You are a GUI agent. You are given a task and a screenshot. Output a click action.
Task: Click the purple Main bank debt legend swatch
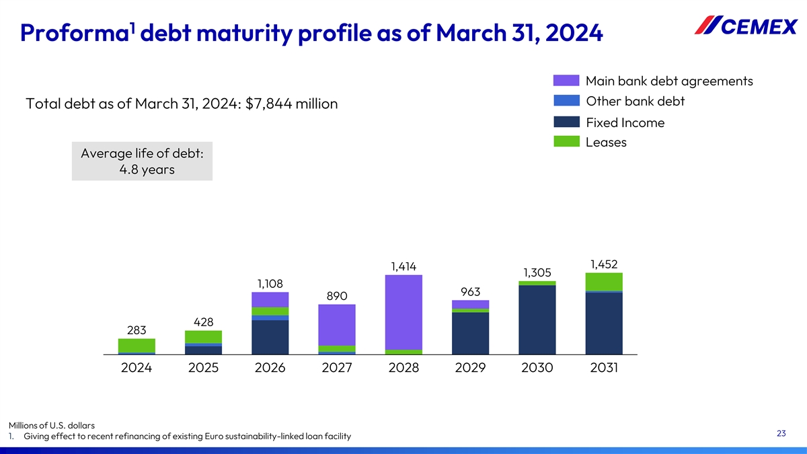tap(566, 81)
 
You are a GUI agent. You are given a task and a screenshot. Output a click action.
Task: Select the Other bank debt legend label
tap(635, 102)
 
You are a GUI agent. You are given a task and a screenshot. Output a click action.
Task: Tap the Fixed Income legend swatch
tap(566, 122)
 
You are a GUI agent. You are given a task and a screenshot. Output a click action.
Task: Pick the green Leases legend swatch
tap(566, 143)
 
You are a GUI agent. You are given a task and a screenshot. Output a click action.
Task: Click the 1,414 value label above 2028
tap(403, 266)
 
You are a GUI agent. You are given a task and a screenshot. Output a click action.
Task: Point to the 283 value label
tap(137, 330)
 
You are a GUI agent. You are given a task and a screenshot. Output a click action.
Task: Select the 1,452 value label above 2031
tap(604, 264)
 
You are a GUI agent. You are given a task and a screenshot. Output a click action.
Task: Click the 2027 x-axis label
tap(337, 369)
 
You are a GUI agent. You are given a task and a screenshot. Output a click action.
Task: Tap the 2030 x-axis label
tap(537, 369)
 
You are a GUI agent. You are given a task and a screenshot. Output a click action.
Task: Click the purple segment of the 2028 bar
tap(403, 312)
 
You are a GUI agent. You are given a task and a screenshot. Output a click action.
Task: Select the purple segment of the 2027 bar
tap(337, 325)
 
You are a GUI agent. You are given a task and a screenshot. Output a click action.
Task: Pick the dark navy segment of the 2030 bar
tap(537, 319)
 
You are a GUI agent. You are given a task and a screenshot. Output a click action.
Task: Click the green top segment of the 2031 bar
tap(604, 281)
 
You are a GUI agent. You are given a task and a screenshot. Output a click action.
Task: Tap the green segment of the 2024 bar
tap(137, 345)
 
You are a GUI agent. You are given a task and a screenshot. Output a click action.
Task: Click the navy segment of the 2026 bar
tap(270, 337)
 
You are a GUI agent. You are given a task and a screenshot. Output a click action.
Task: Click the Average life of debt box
tap(142, 161)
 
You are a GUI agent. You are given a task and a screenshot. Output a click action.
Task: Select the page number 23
tap(781, 433)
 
